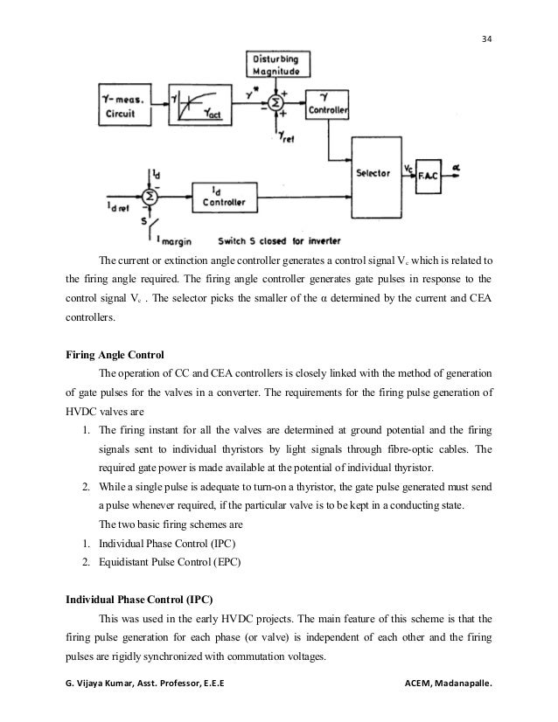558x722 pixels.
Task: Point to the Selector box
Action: (x=373, y=173)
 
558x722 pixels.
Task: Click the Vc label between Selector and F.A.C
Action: (x=410, y=163)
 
